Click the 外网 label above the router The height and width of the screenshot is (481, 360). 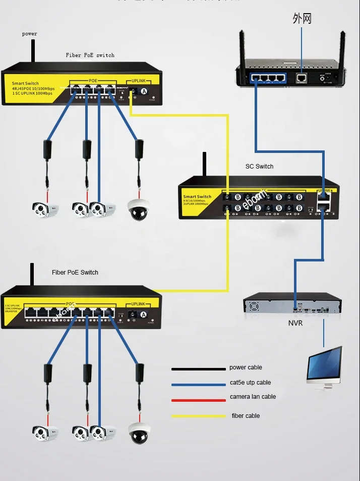click(302, 19)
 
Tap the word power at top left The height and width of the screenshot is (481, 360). click(29, 34)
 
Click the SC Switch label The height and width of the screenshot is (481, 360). click(259, 166)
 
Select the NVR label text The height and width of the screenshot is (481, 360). click(295, 323)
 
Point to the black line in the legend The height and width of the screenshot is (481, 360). click(198, 369)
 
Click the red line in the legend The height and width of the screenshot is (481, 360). click(198, 400)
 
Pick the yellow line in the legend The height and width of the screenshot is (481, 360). click(198, 416)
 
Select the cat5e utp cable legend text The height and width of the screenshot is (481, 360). click(250, 383)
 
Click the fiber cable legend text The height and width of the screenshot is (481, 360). click(246, 416)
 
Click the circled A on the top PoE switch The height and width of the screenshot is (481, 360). click(144, 91)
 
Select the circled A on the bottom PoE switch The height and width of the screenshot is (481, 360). click(144, 314)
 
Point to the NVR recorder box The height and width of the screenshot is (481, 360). click(292, 306)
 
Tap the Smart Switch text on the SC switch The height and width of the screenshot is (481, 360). click(197, 196)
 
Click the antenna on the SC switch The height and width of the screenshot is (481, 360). click(205, 164)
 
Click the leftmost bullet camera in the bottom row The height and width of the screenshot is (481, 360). click(45, 432)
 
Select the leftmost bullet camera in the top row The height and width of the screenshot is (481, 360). click(45, 207)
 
